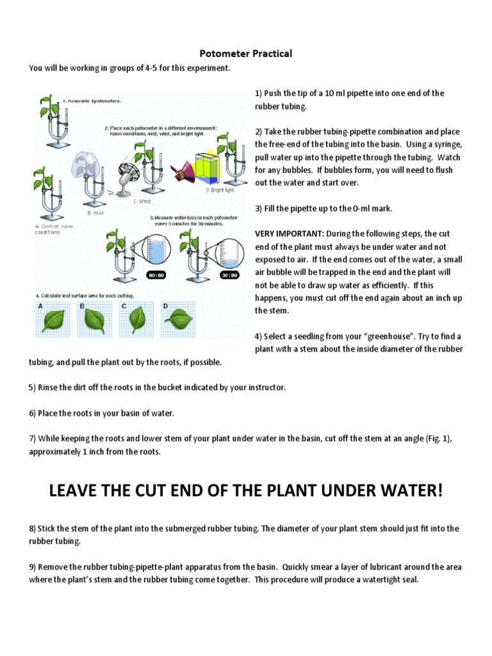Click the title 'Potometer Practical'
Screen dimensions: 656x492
pos(246,54)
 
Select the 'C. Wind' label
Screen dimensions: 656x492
pos(142,201)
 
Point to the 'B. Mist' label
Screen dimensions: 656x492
pos(95,212)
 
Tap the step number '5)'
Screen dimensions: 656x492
pos(33,388)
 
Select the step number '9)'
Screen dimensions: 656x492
pos(33,567)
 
